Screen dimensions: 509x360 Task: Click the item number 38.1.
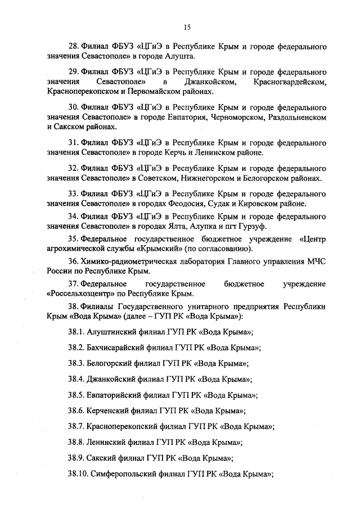tap(76, 331)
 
